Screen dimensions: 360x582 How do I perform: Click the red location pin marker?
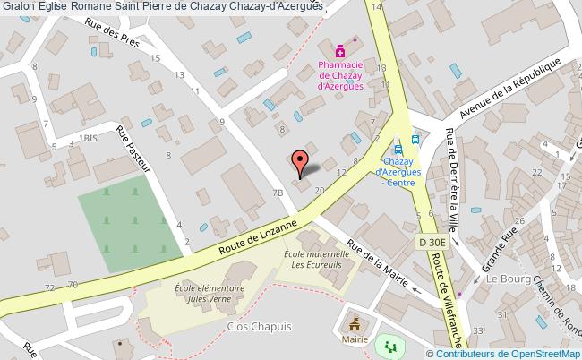point(302,161)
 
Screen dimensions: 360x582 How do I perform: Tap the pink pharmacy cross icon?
point(341,51)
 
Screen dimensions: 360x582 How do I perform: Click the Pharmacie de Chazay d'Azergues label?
point(341,73)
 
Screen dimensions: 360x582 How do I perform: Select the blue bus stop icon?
point(415,139)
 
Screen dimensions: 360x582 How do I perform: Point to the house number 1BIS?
point(87,138)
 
